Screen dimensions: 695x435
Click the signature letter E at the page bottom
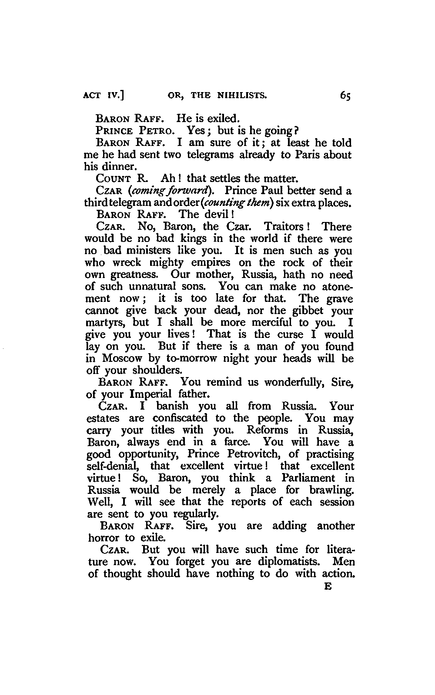(328, 586)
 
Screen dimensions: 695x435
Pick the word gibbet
(305, 311)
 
